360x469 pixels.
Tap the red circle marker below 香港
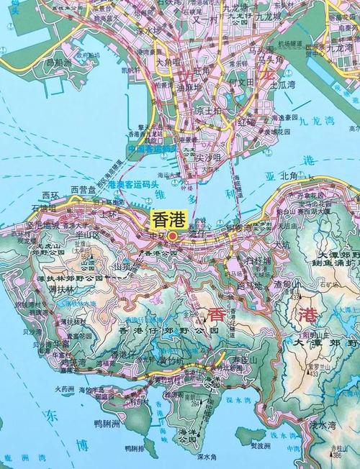tap(173, 234)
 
